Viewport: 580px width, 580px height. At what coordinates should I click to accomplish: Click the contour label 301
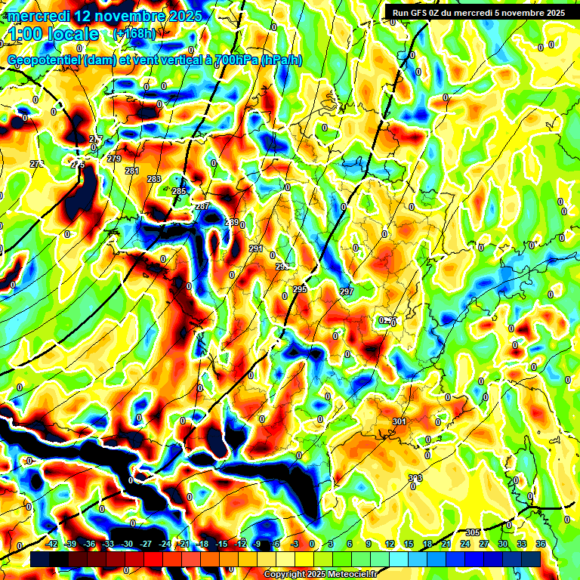[x=400, y=421]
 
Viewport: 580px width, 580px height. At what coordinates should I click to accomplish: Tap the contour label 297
[x=347, y=292]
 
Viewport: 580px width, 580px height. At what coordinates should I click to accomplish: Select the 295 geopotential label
[x=299, y=290]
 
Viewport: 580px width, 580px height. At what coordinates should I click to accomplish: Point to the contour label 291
[x=256, y=248]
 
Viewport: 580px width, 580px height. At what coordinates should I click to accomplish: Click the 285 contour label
[x=179, y=192]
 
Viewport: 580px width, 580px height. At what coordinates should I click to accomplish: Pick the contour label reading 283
[x=154, y=179]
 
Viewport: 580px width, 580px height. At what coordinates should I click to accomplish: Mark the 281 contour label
[x=132, y=171]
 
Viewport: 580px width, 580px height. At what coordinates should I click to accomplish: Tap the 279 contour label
[x=114, y=159]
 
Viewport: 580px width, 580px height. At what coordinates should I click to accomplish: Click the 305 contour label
[x=473, y=532]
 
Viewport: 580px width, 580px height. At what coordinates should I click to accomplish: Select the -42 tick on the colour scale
[x=52, y=544]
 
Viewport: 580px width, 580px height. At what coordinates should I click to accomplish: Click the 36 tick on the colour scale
[x=541, y=544]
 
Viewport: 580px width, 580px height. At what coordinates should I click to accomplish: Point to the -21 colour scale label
[x=184, y=544]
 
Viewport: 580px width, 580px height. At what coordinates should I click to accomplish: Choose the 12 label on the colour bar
[x=390, y=544]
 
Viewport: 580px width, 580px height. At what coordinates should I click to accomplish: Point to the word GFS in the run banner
[x=418, y=13]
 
